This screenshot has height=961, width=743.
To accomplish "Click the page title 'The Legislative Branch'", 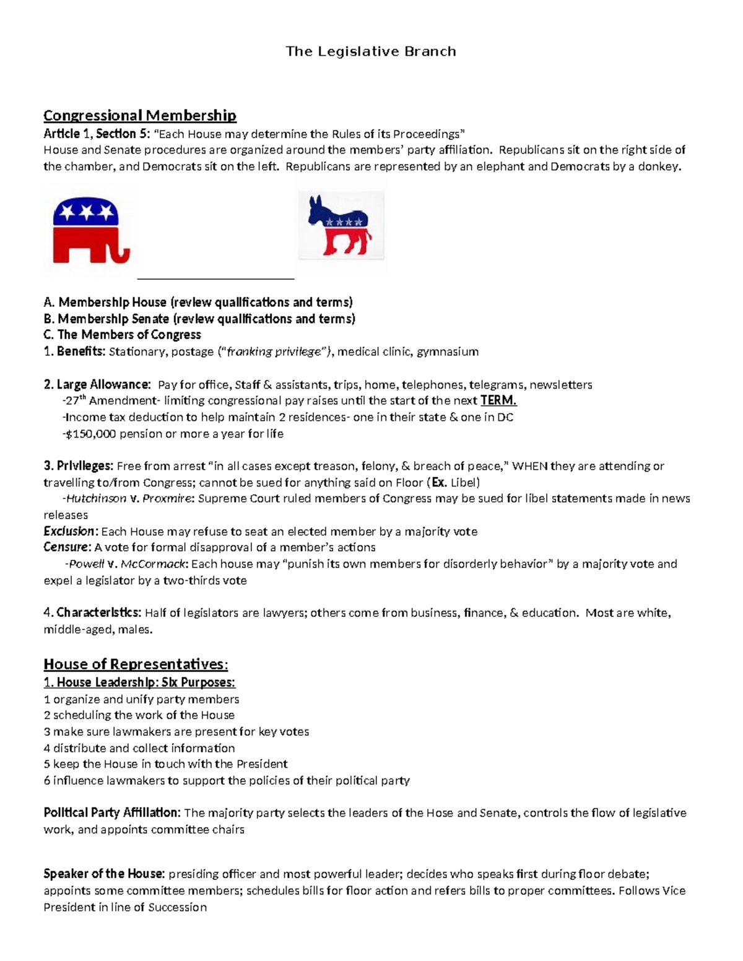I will click(x=370, y=51).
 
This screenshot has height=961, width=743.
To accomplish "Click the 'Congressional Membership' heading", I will click(x=139, y=116).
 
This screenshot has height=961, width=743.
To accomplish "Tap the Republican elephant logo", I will click(x=90, y=230).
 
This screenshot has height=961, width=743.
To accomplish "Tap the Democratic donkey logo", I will click(x=340, y=226).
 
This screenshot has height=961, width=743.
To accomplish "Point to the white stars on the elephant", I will click(x=86, y=213).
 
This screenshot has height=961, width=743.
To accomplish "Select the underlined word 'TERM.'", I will click(x=498, y=401).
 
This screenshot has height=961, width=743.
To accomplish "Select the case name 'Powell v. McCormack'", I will click(x=128, y=564).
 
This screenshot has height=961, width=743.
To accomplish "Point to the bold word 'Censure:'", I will click(x=67, y=548).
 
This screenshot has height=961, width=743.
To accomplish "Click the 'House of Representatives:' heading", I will click(x=136, y=665).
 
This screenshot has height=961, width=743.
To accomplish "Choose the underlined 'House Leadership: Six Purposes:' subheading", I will click(x=139, y=683).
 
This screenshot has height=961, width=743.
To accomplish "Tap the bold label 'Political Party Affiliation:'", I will click(x=112, y=813).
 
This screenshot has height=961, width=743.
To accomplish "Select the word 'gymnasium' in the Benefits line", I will click(x=448, y=352).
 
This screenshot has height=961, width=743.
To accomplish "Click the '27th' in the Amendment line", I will click(x=76, y=401).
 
